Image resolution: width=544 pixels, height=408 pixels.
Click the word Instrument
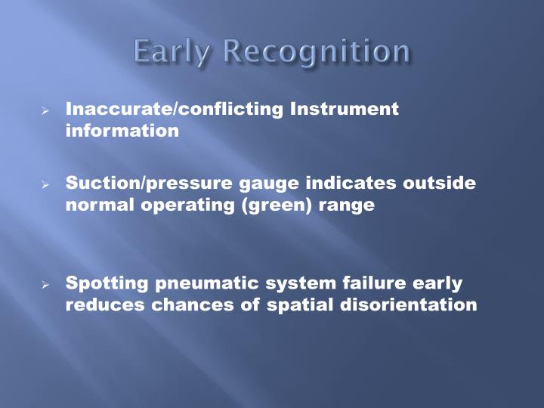tap(344, 109)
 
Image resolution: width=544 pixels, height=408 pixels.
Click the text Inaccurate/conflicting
tap(175, 109)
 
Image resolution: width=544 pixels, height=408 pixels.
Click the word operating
tap(184, 205)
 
